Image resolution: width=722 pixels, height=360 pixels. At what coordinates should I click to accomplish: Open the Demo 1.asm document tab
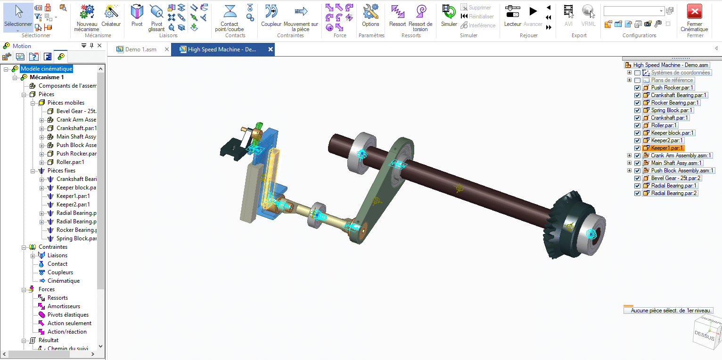[140, 49]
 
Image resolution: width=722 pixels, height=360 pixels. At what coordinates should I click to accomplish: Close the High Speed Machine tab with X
[271, 49]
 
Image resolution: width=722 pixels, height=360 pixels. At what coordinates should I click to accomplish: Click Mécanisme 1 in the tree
[47, 77]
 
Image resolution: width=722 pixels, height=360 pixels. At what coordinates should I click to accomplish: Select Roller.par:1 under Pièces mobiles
[70, 162]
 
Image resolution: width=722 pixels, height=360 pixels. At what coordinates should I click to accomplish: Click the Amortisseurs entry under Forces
[64, 306]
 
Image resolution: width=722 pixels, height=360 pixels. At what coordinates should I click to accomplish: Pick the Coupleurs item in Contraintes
[60, 272]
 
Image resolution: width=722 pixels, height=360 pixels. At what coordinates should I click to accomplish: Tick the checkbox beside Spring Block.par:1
[638, 110]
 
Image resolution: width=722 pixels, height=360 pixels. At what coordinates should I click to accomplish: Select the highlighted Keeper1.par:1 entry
[667, 148]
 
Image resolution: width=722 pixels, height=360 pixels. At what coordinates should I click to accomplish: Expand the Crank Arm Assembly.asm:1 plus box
[629, 155]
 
